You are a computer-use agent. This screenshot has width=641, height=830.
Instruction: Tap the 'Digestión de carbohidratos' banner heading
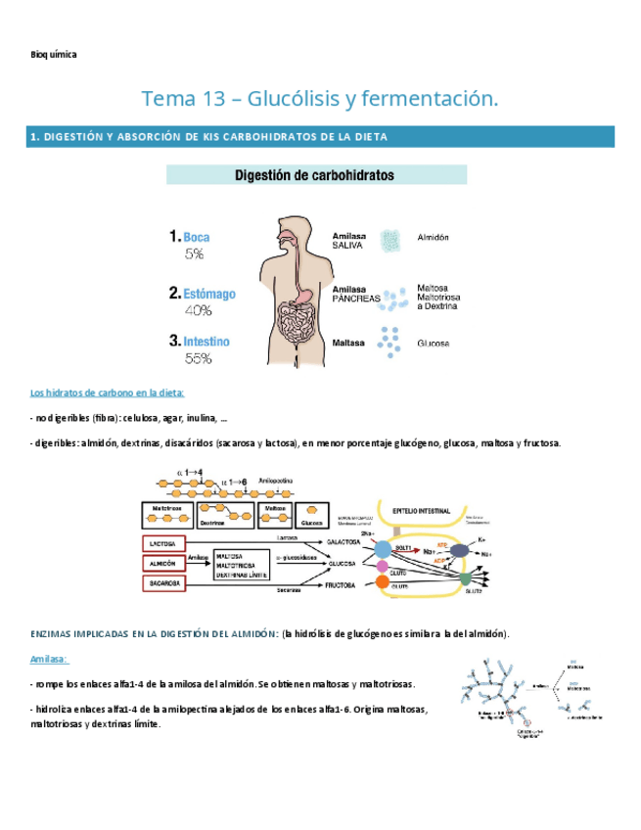point(316,175)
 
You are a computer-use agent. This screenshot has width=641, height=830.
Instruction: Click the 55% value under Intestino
point(199,359)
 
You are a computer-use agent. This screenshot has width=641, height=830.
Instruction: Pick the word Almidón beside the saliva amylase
point(433,238)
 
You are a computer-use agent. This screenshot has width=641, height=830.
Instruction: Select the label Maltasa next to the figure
point(348,344)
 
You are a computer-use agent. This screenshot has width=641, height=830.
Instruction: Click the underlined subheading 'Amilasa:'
point(48,660)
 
